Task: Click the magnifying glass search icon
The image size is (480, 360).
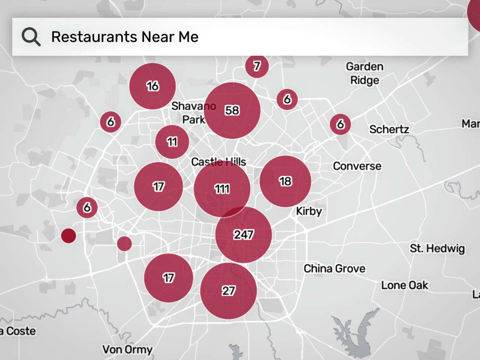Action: tap(31, 37)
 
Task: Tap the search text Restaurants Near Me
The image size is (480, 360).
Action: tap(124, 37)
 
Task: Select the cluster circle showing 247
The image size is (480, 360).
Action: tap(243, 235)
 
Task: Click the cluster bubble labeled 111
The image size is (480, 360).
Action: tap(222, 189)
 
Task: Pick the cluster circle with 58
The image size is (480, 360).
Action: tap(232, 110)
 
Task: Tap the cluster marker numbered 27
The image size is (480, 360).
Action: tap(228, 291)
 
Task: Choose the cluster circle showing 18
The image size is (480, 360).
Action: tap(285, 181)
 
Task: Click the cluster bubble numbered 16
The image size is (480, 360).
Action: tap(153, 86)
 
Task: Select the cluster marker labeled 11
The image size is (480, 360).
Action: tap(172, 142)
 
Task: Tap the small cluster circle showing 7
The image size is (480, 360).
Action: tap(257, 66)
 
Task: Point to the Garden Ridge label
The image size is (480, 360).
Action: tap(364, 73)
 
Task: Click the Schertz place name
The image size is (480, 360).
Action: tap(389, 129)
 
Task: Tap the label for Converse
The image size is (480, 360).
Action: tap(357, 166)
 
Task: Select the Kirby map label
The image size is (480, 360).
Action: tap(309, 211)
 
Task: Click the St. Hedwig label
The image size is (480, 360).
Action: tap(437, 248)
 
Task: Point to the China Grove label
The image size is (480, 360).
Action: tap(334, 268)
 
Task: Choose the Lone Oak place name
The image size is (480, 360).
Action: tap(405, 285)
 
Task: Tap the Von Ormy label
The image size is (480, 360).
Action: tap(127, 349)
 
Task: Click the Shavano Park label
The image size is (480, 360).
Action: tap(193, 112)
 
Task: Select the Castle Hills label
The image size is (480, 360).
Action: tap(219, 162)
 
